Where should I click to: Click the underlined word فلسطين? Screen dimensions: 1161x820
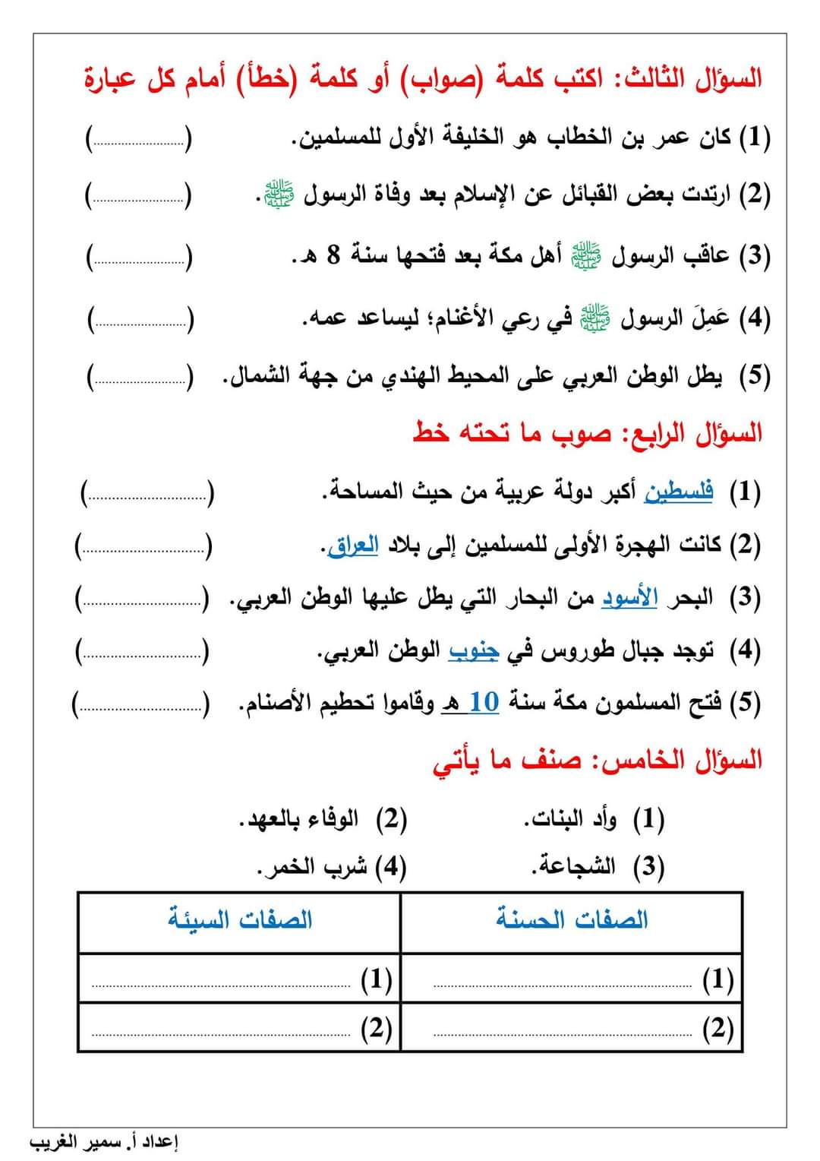click(x=678, y=492)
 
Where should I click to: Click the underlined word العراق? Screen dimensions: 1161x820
click(x=353, y=546)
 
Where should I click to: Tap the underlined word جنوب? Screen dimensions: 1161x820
click(x=473, y=650)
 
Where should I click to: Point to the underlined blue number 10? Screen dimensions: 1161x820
click(x=484, y=702)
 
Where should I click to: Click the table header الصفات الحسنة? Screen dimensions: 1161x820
click(x=572, y=920)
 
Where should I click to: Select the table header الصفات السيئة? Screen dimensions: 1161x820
click(x=240, y=920)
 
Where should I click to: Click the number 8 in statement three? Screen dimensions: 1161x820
click(x=333, y=255)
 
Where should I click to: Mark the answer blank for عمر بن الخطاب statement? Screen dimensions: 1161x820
click(x=139, y=141)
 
